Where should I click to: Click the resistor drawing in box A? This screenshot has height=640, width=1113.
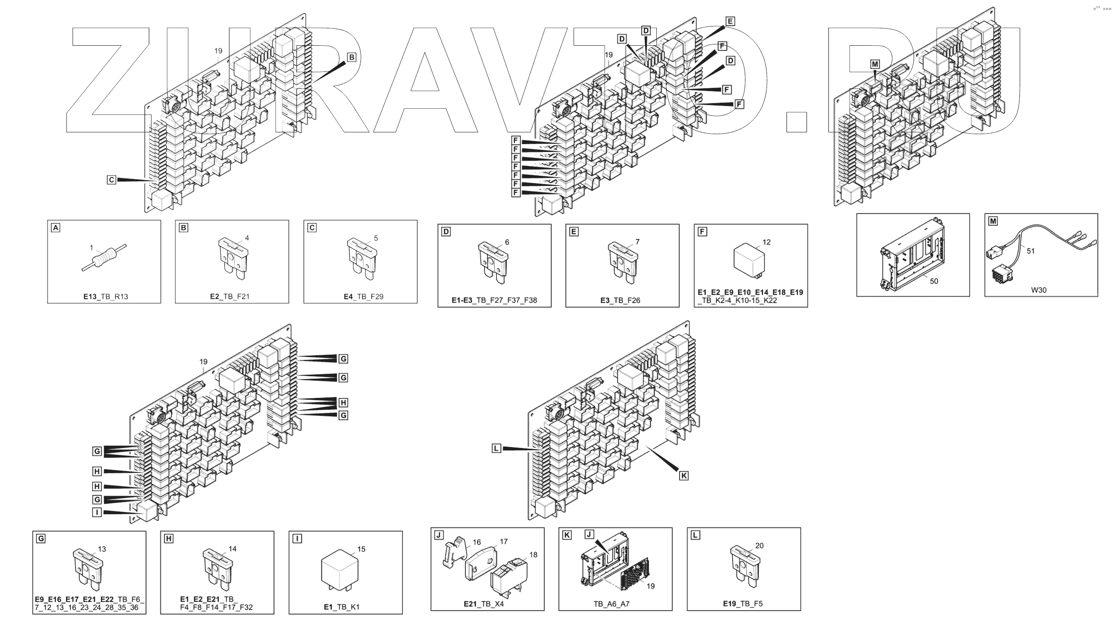click(104, 258)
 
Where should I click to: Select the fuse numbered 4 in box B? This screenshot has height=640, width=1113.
click(233, 259)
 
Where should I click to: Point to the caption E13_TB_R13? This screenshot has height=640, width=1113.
click(106, 296)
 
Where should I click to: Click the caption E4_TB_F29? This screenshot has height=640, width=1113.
click(363, 296)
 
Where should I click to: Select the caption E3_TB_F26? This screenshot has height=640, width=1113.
click(620, 301)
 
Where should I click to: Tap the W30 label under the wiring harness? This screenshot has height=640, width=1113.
click(1038, 290)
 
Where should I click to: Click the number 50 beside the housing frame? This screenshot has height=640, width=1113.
click(934, 281)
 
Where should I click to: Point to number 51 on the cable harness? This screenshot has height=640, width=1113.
click(1030, 251)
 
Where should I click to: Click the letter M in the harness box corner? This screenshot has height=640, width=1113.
click(993, 221)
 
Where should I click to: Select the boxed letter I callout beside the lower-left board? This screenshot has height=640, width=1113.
click(97, 512)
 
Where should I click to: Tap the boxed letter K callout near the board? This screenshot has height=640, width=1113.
click(684, 475)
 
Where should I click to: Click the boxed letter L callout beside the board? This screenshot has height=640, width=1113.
click(496, 448)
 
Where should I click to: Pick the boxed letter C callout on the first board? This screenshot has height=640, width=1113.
click(111, 180)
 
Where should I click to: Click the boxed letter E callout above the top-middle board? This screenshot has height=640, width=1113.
click(730, 21)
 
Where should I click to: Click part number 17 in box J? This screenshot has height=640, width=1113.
click(504, 542)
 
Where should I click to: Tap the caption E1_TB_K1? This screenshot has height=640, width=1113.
click(341, 607)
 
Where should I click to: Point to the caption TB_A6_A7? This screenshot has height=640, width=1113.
click(611, 604)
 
